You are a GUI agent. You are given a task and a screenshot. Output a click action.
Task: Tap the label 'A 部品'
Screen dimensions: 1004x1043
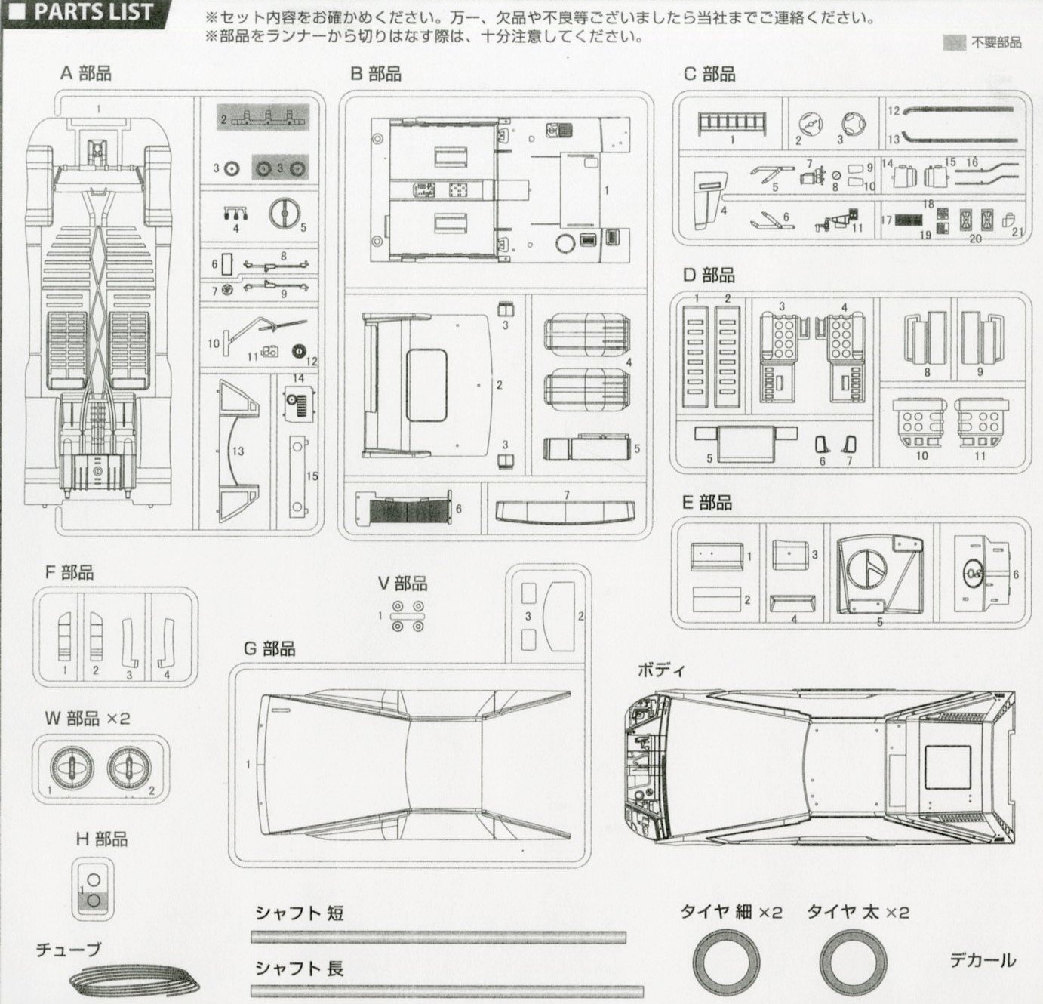(x=86, y=73)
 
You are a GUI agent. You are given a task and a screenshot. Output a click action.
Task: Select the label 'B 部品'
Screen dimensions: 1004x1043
(x=375, y=73)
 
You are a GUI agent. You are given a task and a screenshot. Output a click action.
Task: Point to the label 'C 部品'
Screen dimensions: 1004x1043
(x=709, y=73)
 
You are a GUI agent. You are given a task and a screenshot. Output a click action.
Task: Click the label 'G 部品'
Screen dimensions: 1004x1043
(x=269, y=648)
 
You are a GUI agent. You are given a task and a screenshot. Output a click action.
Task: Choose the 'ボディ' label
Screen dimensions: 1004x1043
(x=660, y=670)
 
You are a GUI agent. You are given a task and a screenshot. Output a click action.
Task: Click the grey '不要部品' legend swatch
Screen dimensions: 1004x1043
(x=955, y=43)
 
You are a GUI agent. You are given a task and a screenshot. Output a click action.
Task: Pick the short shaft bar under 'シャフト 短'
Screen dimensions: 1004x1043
(x=438, y=937)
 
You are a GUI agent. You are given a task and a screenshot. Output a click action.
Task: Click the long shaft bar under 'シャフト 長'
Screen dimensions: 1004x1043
(x=438, y=989)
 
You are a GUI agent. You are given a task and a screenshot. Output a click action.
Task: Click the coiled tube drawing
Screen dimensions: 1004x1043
(x=137, y=981)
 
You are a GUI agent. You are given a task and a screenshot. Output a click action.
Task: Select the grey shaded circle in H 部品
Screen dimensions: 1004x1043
(x=94, y=900)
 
